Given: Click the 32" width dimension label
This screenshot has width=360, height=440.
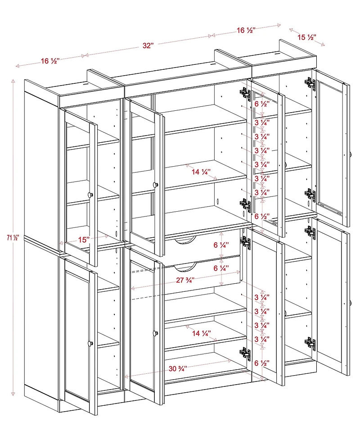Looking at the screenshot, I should tap(148, 45).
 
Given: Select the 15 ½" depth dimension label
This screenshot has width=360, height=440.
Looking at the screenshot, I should tap(306, 37).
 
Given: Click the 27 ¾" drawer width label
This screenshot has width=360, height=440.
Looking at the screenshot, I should tap(185, 280).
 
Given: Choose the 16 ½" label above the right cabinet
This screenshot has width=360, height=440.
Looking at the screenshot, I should tap(246, 30).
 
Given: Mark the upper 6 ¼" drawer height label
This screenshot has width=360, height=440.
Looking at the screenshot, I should tap(220, 245).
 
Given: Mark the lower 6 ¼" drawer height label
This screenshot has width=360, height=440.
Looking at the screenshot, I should tap(220, 268).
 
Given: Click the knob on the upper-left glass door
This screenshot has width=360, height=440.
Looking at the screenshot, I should tap(90, 195).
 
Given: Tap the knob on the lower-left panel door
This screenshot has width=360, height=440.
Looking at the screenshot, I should tap(90, 343).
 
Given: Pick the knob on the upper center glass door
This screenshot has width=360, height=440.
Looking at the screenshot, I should tap(156, 184).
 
